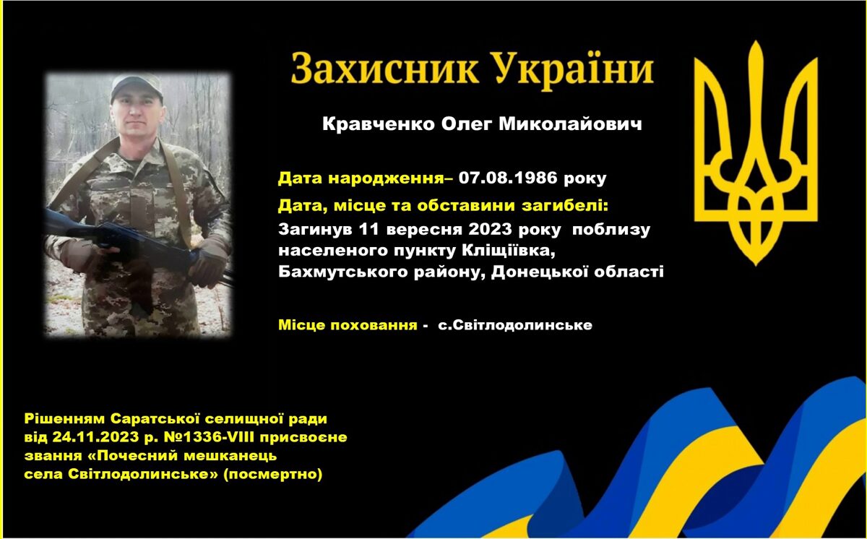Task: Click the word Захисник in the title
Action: [384, 69]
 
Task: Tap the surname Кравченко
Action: [378, 124]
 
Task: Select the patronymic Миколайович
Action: [570, 124]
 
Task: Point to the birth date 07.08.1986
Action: [508, 178]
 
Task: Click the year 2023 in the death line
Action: [491, 230]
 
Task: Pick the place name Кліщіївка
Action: [509, 251]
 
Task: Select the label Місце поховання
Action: [348, 325]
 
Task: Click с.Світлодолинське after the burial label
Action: [515, 325]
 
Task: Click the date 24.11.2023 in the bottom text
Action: [95, 437]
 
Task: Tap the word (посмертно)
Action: [273, 474]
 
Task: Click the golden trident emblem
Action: [756, 153]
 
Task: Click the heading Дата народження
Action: [361, 178]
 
